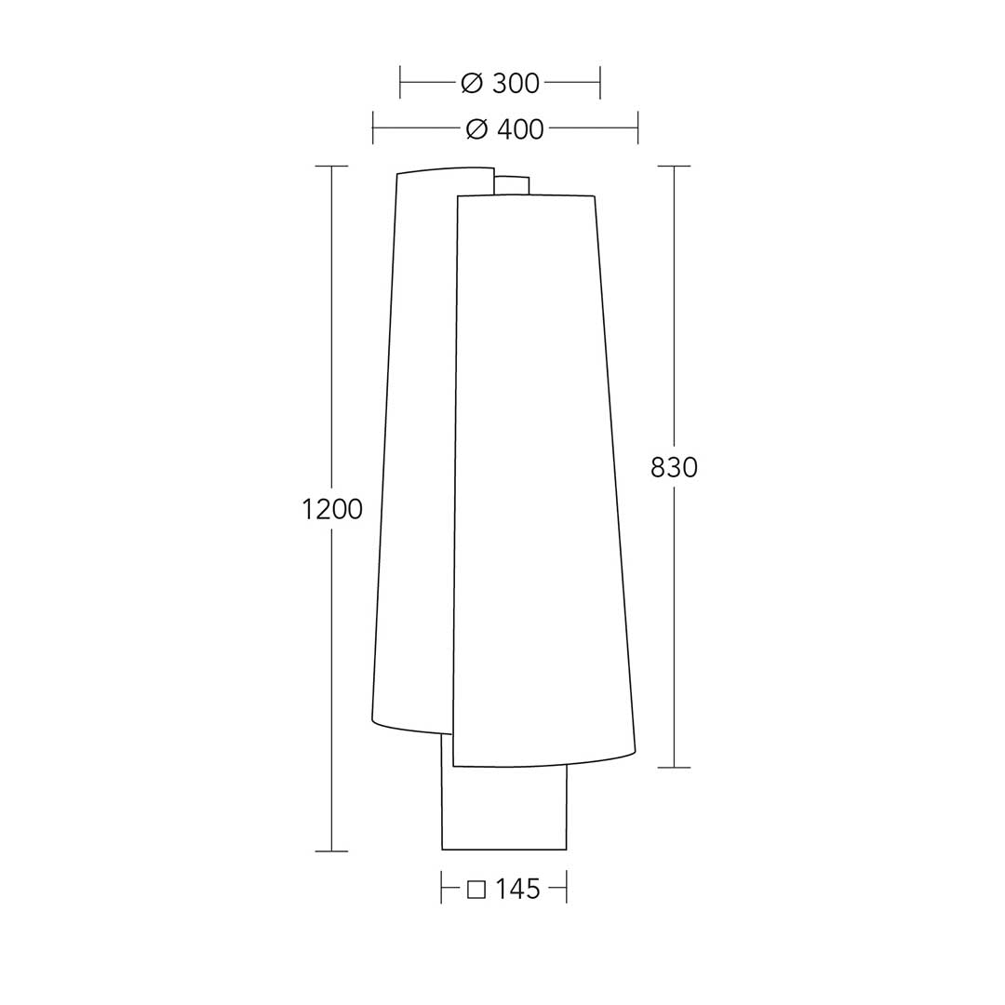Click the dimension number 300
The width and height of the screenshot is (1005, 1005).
516,84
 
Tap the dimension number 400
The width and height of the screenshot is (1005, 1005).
520,129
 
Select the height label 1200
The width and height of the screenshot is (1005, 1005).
332,510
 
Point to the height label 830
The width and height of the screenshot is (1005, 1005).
674,468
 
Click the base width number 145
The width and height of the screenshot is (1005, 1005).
517,889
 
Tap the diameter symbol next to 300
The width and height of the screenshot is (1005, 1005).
472,84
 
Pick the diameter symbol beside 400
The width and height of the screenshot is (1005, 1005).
476,129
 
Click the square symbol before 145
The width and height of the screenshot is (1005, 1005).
476,890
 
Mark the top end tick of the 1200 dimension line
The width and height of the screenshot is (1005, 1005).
331,166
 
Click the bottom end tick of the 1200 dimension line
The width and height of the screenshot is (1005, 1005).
331,851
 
